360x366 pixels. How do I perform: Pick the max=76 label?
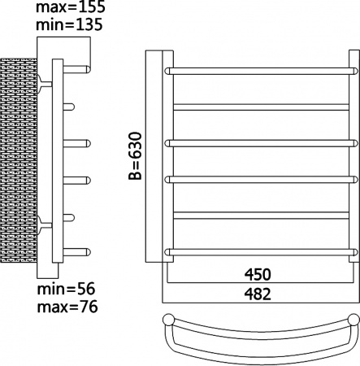click(x=67, y=307)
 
